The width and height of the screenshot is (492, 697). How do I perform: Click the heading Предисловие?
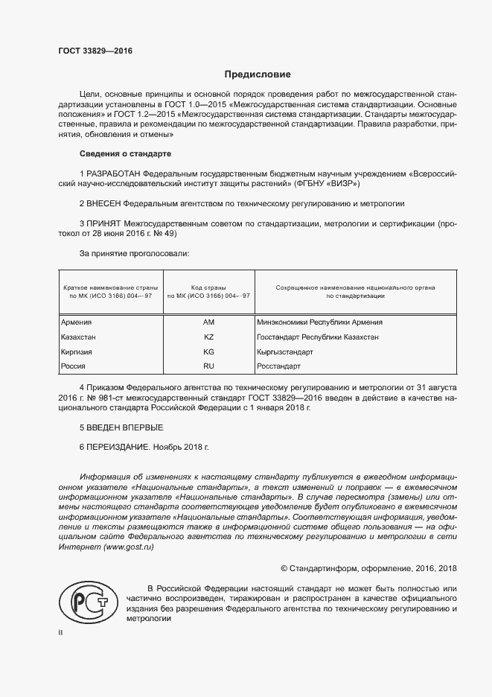point(258,74)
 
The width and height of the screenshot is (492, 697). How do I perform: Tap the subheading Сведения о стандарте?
point(125,154)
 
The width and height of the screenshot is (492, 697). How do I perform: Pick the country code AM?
point(208,322)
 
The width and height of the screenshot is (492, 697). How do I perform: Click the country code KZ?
point(208,337)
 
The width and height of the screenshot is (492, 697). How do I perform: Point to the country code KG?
point(208,351)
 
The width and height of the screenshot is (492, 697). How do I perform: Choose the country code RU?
point(208,366)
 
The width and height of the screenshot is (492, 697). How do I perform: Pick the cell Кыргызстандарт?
point(284,351)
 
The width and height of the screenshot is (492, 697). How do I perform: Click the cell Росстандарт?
point(278,366)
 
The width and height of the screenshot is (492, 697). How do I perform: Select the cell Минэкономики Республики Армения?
point(319,322)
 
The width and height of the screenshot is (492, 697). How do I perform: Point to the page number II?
point(61,632)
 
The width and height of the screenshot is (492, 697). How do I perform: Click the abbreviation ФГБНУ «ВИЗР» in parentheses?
point(327,183)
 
